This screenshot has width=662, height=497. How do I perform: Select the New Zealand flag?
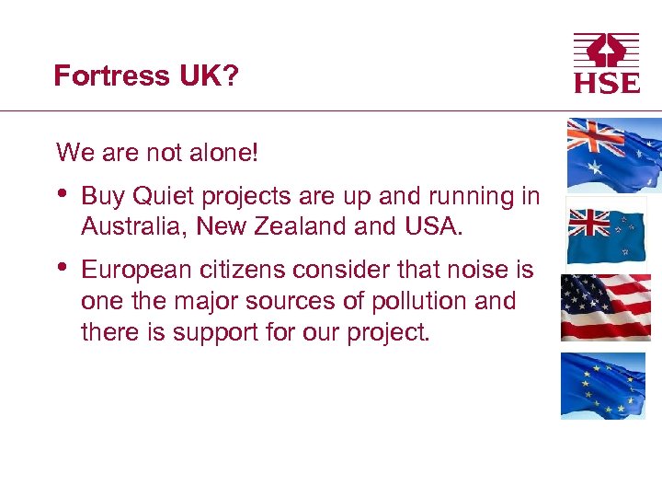tap(606, 230)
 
